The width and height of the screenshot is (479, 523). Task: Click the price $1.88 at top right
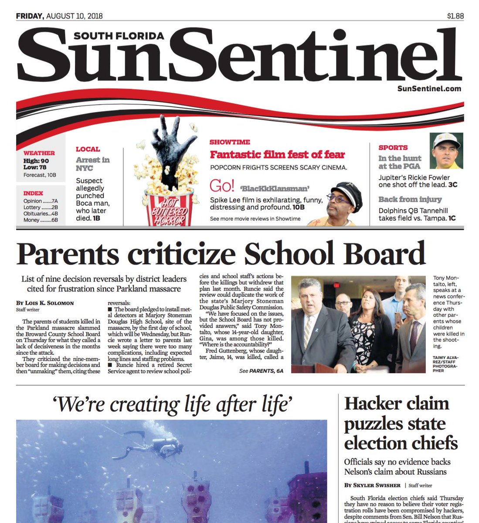[455, 16]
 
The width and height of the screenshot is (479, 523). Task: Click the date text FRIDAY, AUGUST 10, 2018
[59, 16]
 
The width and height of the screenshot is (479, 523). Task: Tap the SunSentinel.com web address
[429, 88]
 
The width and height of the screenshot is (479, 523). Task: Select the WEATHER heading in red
[39, 153]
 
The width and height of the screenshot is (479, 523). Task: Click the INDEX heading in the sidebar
[33, 193]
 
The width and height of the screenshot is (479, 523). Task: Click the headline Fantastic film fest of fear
[277, 155]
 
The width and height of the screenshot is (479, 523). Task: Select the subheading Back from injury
[410, 199]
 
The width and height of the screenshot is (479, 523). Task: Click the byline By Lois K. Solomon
[45, 303]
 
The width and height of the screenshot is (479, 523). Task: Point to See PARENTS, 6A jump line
[261, 371]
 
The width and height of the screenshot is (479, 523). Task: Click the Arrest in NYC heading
[92, 164]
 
